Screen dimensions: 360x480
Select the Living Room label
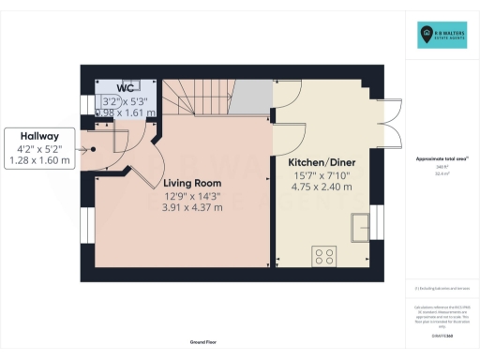click(x=193, y=182)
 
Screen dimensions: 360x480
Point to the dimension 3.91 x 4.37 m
click(x=193, y=208)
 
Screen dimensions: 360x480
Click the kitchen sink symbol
click(x=360, y=226)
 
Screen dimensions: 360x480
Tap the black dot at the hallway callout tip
click(x=91, y=148)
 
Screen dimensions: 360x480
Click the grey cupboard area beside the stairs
click(x=250, y=97)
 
